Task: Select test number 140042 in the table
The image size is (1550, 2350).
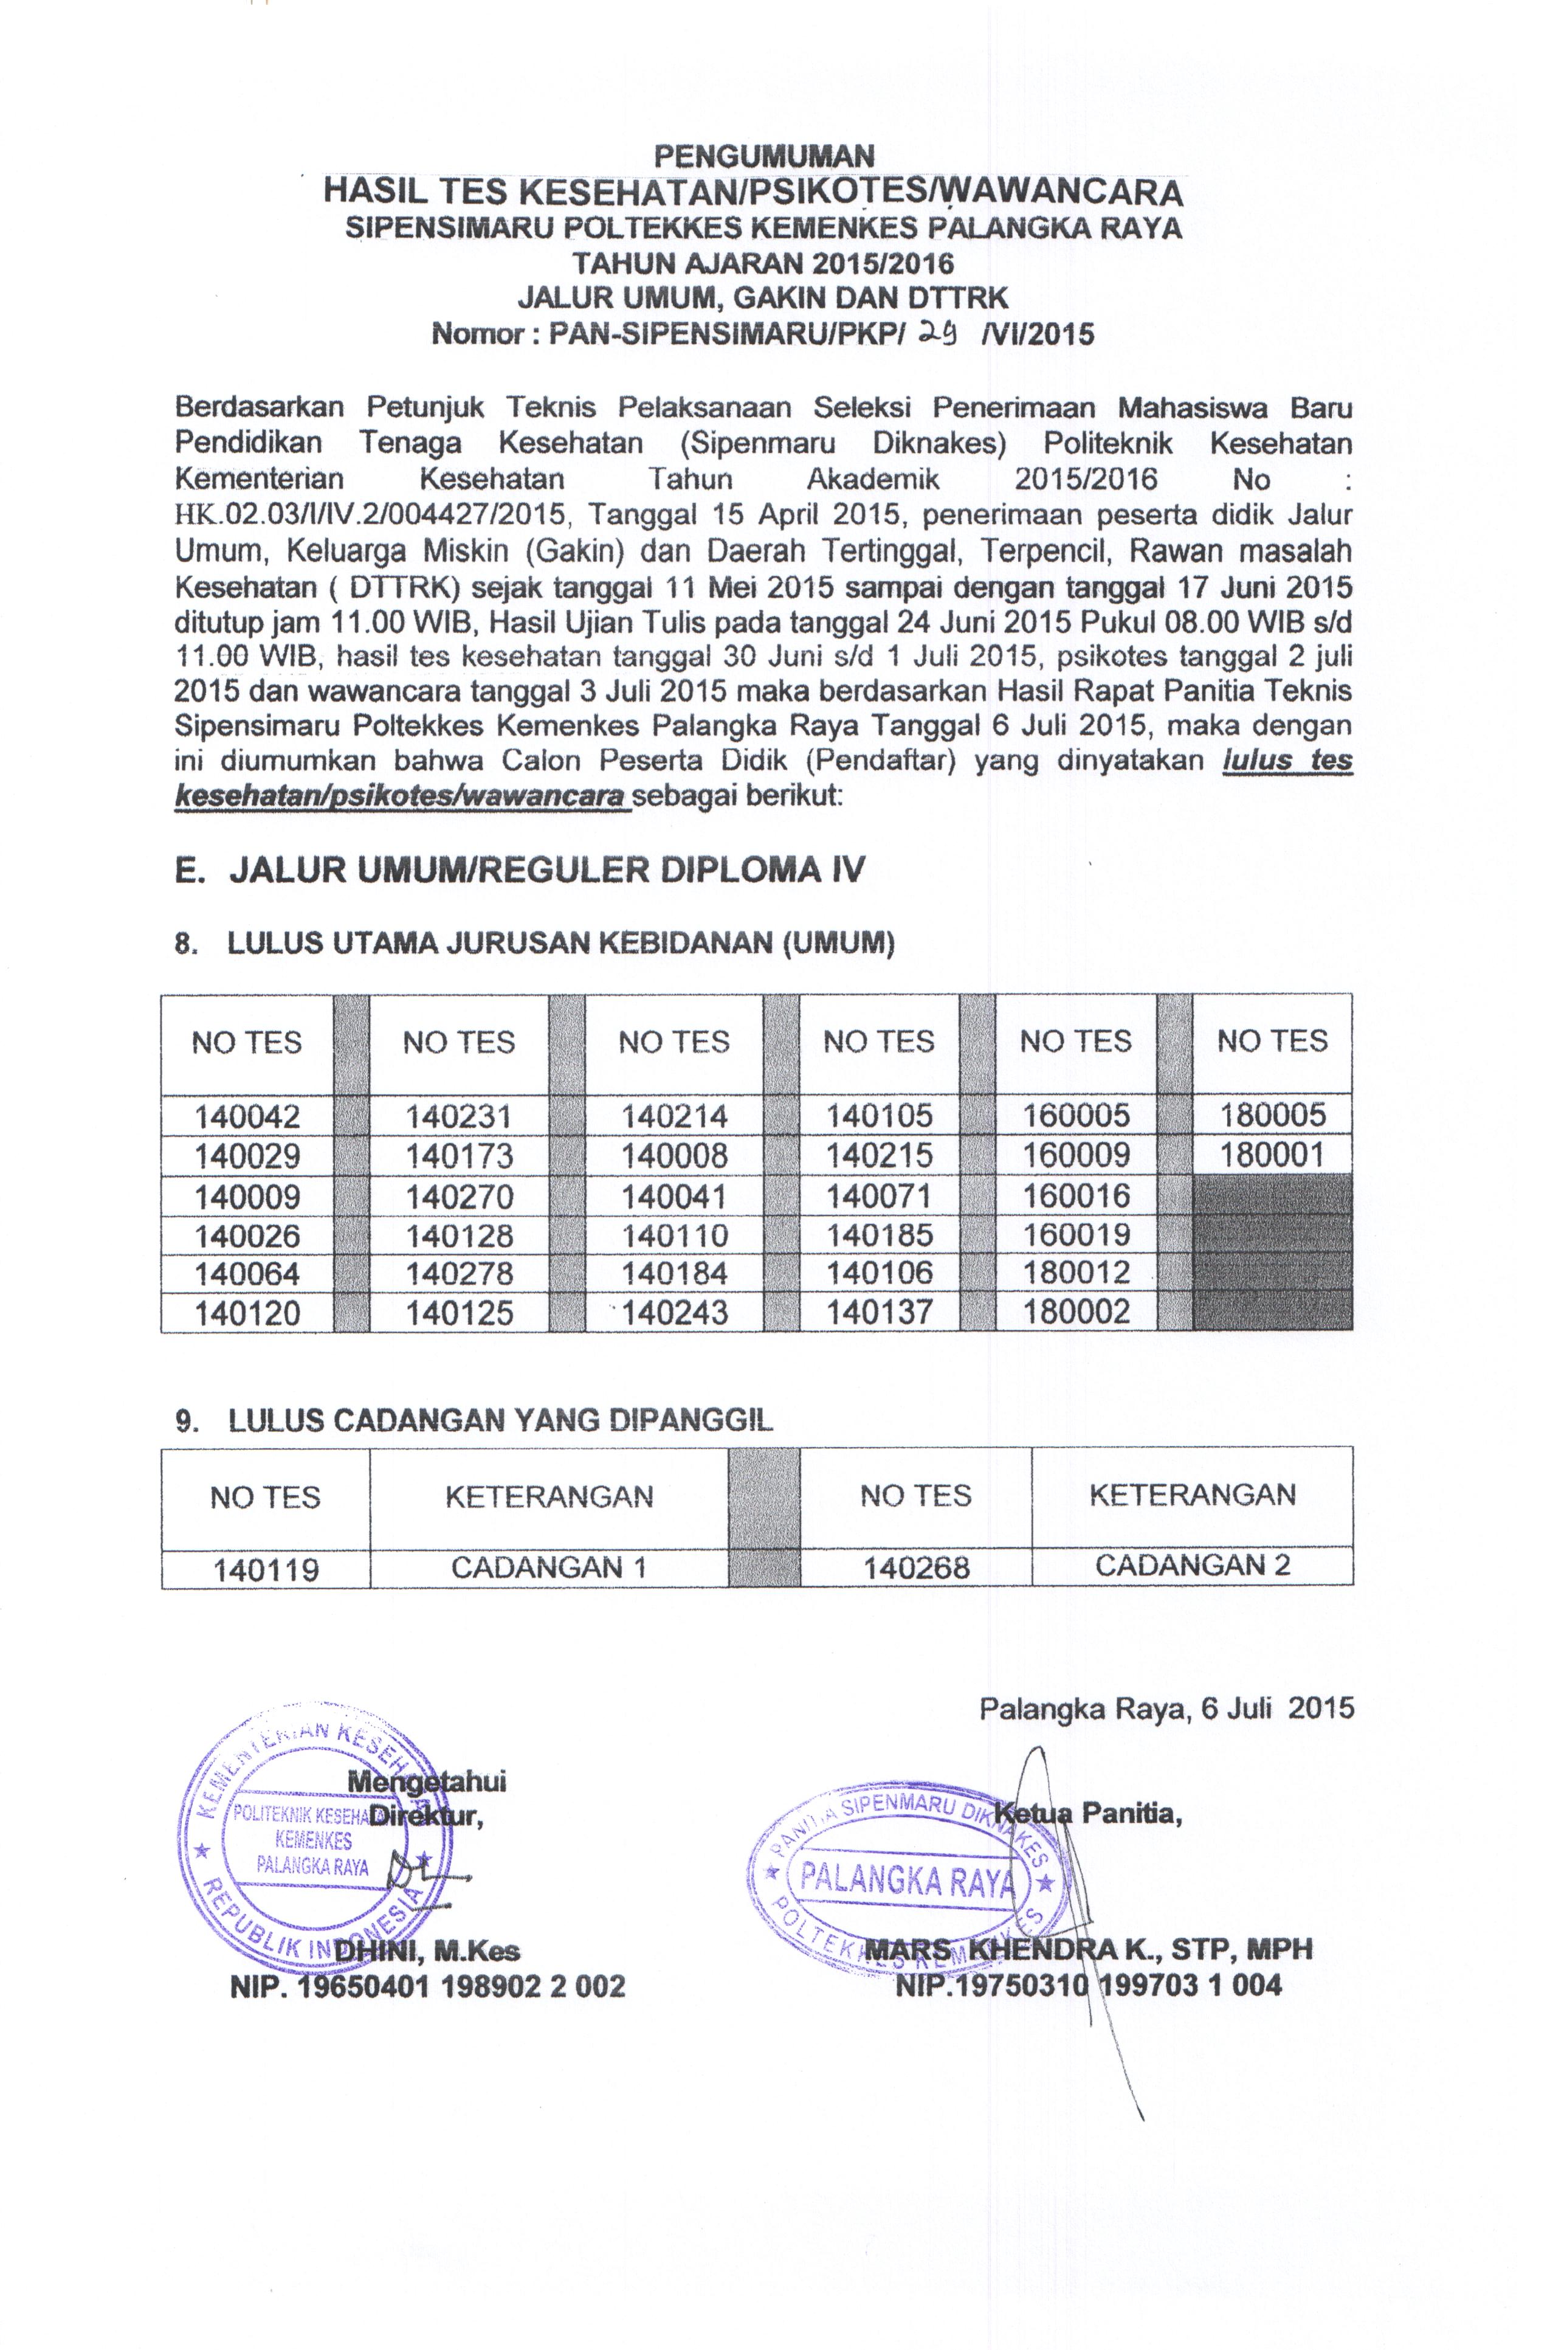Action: pyautogui.click(x=247, y=1116)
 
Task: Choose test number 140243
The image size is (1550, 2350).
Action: pyautogui.click(x=675, y=1312)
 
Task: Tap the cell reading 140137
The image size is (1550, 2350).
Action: pyautogui.click(x=880, y=1312)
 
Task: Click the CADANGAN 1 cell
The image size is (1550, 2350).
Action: pyautogui.click(x=549, y=1568)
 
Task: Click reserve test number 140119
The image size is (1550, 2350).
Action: pyautogui.click(x=266, y=1570)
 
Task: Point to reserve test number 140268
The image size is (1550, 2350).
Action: pyautogui.click(x=917, y=1568)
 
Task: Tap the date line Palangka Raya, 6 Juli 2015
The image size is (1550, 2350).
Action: pyautogui.click(x=1166, y=1709)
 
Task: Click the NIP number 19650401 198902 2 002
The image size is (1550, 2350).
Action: pyautogui.click(x=427, y=1986)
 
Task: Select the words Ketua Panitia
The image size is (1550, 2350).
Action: pyautogui.click(x=1087, y=1813)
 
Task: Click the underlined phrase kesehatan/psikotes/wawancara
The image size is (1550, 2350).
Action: pyautogui.click(x=401, y=796)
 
